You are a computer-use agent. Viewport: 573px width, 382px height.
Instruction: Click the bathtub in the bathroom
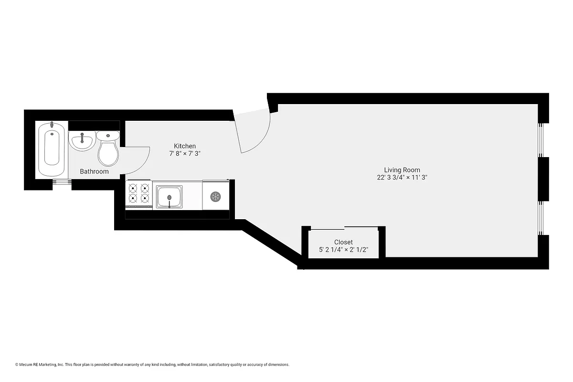[x=52, y=149]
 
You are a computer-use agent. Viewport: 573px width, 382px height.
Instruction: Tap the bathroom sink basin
[x=82, y=141]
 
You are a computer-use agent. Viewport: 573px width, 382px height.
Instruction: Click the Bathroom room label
[x=94, y=171]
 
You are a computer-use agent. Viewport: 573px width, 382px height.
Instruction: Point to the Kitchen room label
[x=185, y=146]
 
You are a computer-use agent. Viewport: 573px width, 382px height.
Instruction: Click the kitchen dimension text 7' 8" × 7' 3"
[x=185, y=154]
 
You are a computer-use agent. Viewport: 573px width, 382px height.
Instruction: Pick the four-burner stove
[x=139, y=194]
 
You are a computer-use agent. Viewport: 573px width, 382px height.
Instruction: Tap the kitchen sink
[x=169, y=196]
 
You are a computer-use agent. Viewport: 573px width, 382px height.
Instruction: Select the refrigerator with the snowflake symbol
[x=215, y=196]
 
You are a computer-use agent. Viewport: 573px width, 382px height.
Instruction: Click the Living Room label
[x=402, y=170]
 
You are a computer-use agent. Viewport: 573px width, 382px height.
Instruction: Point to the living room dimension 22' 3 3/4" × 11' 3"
[x=402, y=177]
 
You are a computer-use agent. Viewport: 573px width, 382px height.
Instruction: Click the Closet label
[x=343, y=242]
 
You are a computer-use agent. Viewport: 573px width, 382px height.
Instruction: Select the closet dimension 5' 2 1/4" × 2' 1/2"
[x=343, y=250]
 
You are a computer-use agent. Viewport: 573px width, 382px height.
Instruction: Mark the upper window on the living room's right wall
[x=541, y=139]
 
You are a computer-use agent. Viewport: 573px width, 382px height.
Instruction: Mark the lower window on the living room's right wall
[x=541, y=218]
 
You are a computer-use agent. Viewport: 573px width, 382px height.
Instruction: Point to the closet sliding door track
[x=344, y=227]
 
